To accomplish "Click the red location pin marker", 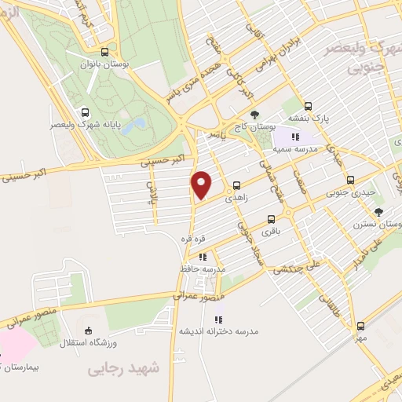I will tap(203, 185).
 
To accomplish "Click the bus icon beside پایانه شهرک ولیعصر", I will tap(84, 111).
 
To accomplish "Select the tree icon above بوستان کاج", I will tap(254, 115).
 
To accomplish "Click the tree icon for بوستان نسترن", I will tap(379, 212).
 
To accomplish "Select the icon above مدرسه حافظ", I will tap(203, 256).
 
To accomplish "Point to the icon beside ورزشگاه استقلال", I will tap(88, 330).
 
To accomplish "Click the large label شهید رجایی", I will tap(132, 367).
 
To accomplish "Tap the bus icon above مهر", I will tap(360, 325).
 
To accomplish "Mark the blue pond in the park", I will tap(133, 126).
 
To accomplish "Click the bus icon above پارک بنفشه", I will tap(308, 105).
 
